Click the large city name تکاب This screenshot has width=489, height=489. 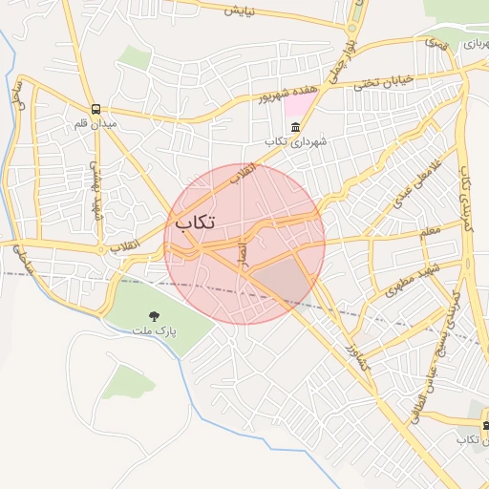(195, 222)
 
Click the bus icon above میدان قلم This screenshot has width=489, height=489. (96, 109)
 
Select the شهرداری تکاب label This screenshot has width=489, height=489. (296, 141)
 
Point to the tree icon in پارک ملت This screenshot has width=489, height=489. (154, 315)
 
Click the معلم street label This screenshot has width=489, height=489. (430, 231)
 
